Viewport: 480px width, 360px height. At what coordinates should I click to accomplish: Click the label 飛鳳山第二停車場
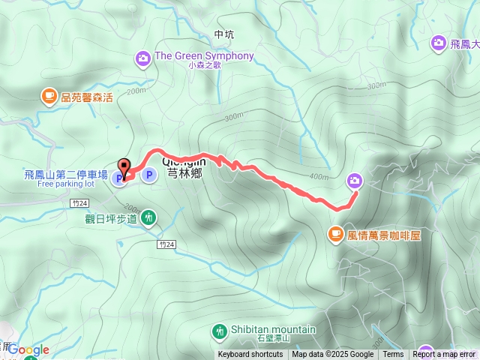pos(66,174)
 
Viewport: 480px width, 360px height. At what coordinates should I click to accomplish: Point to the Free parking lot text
pos(66,183)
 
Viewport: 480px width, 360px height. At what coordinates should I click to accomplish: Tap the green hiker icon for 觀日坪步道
pos(148,218)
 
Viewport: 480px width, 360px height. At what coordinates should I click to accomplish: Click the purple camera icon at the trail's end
pos(354,180)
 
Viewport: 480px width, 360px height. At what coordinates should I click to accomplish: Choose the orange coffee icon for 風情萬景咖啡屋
pos(334,235)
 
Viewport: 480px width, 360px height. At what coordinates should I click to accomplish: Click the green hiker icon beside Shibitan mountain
pos(220,330)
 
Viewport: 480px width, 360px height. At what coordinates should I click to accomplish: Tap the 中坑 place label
pos(224,34)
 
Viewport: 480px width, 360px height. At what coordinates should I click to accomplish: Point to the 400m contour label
pos(318,177)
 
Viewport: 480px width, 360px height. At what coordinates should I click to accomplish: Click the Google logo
pos(28,349)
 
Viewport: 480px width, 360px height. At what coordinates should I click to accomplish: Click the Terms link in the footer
pos(393,355)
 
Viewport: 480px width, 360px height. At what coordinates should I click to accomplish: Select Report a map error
pos(444,355)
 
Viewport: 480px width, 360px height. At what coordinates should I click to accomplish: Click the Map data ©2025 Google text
pos(333,355)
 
